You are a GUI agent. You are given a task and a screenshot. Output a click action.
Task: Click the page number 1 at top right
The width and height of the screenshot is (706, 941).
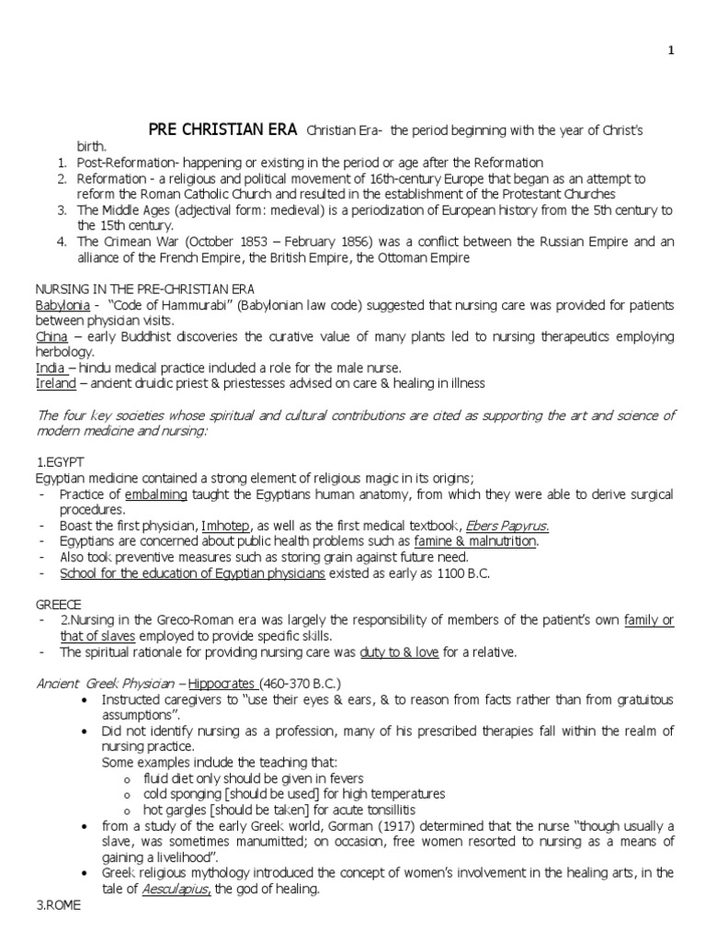(x=670, y=51)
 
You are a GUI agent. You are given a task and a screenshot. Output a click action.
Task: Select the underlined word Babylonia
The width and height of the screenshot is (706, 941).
(x=59, y=305)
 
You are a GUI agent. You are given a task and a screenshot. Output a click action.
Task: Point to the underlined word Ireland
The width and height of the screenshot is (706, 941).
(x=54, y=383)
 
